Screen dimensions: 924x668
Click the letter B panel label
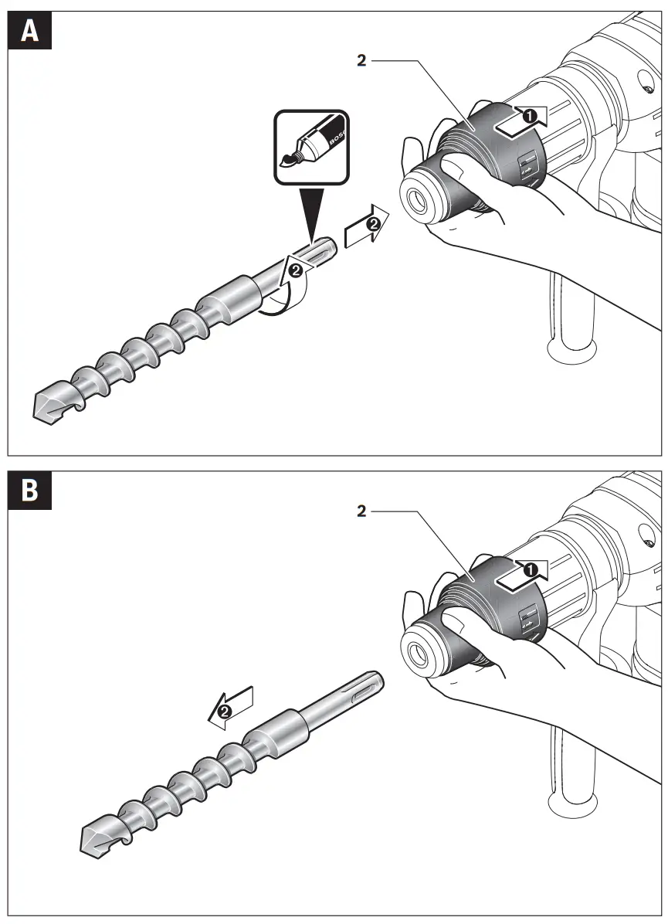pyautogui.click(x=30, y=491)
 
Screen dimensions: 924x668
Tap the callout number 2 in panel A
pyautogui.click(x=361, y=61)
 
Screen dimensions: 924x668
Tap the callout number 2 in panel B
pyautogui.click(x=361, y=511)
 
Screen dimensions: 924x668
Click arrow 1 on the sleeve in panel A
pyautogui.click(x=522, y=117)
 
